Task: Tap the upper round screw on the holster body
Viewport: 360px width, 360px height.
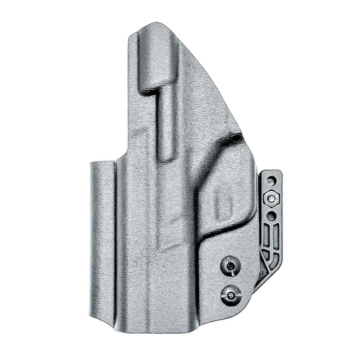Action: pos(231,266)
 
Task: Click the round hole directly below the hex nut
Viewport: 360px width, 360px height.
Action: pos(271,215)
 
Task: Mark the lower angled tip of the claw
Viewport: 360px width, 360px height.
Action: pos(259,284)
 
